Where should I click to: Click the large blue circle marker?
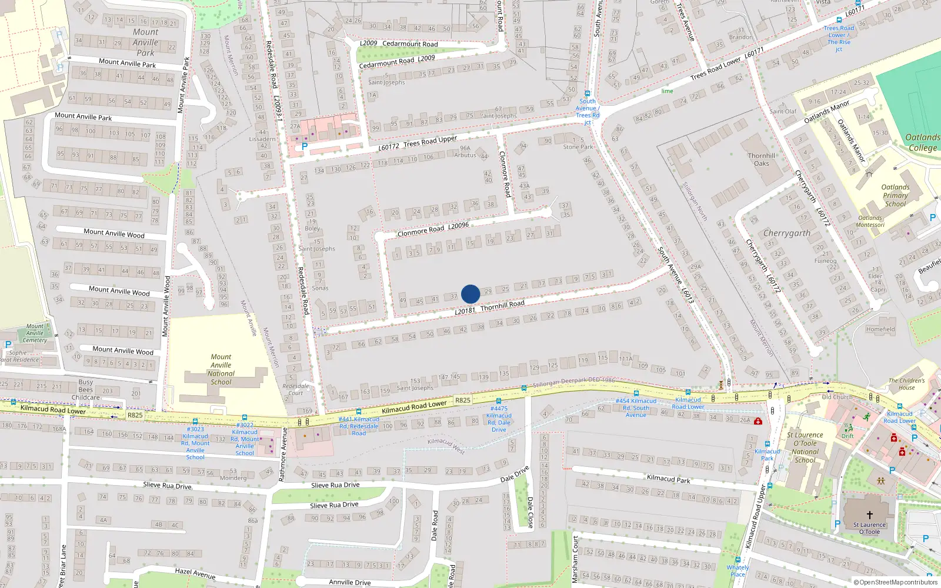(x=470, y=294)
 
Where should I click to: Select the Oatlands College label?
(x=922, y=143)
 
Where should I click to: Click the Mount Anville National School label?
(x=221, y=369)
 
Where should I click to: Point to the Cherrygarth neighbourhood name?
(x=787, y=233)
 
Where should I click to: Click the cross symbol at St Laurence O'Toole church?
(x=870, y=514)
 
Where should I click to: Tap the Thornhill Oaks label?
(x=762, y=160)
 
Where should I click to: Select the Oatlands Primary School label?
(x=895, y=196)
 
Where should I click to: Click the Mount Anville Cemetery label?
(x=35, y=333)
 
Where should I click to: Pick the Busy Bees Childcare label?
(x=86, y=389)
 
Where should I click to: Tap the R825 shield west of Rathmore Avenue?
(x=135, y=415)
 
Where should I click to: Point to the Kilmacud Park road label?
(x=668, y=479)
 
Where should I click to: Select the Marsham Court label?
(x=575, y=559)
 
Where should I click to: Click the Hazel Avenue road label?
(x=195, y=573)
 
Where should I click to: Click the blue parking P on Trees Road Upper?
(x=304, y=146)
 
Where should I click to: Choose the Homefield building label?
(x=880, y=329)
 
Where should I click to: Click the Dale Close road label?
(x=530, y=511)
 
